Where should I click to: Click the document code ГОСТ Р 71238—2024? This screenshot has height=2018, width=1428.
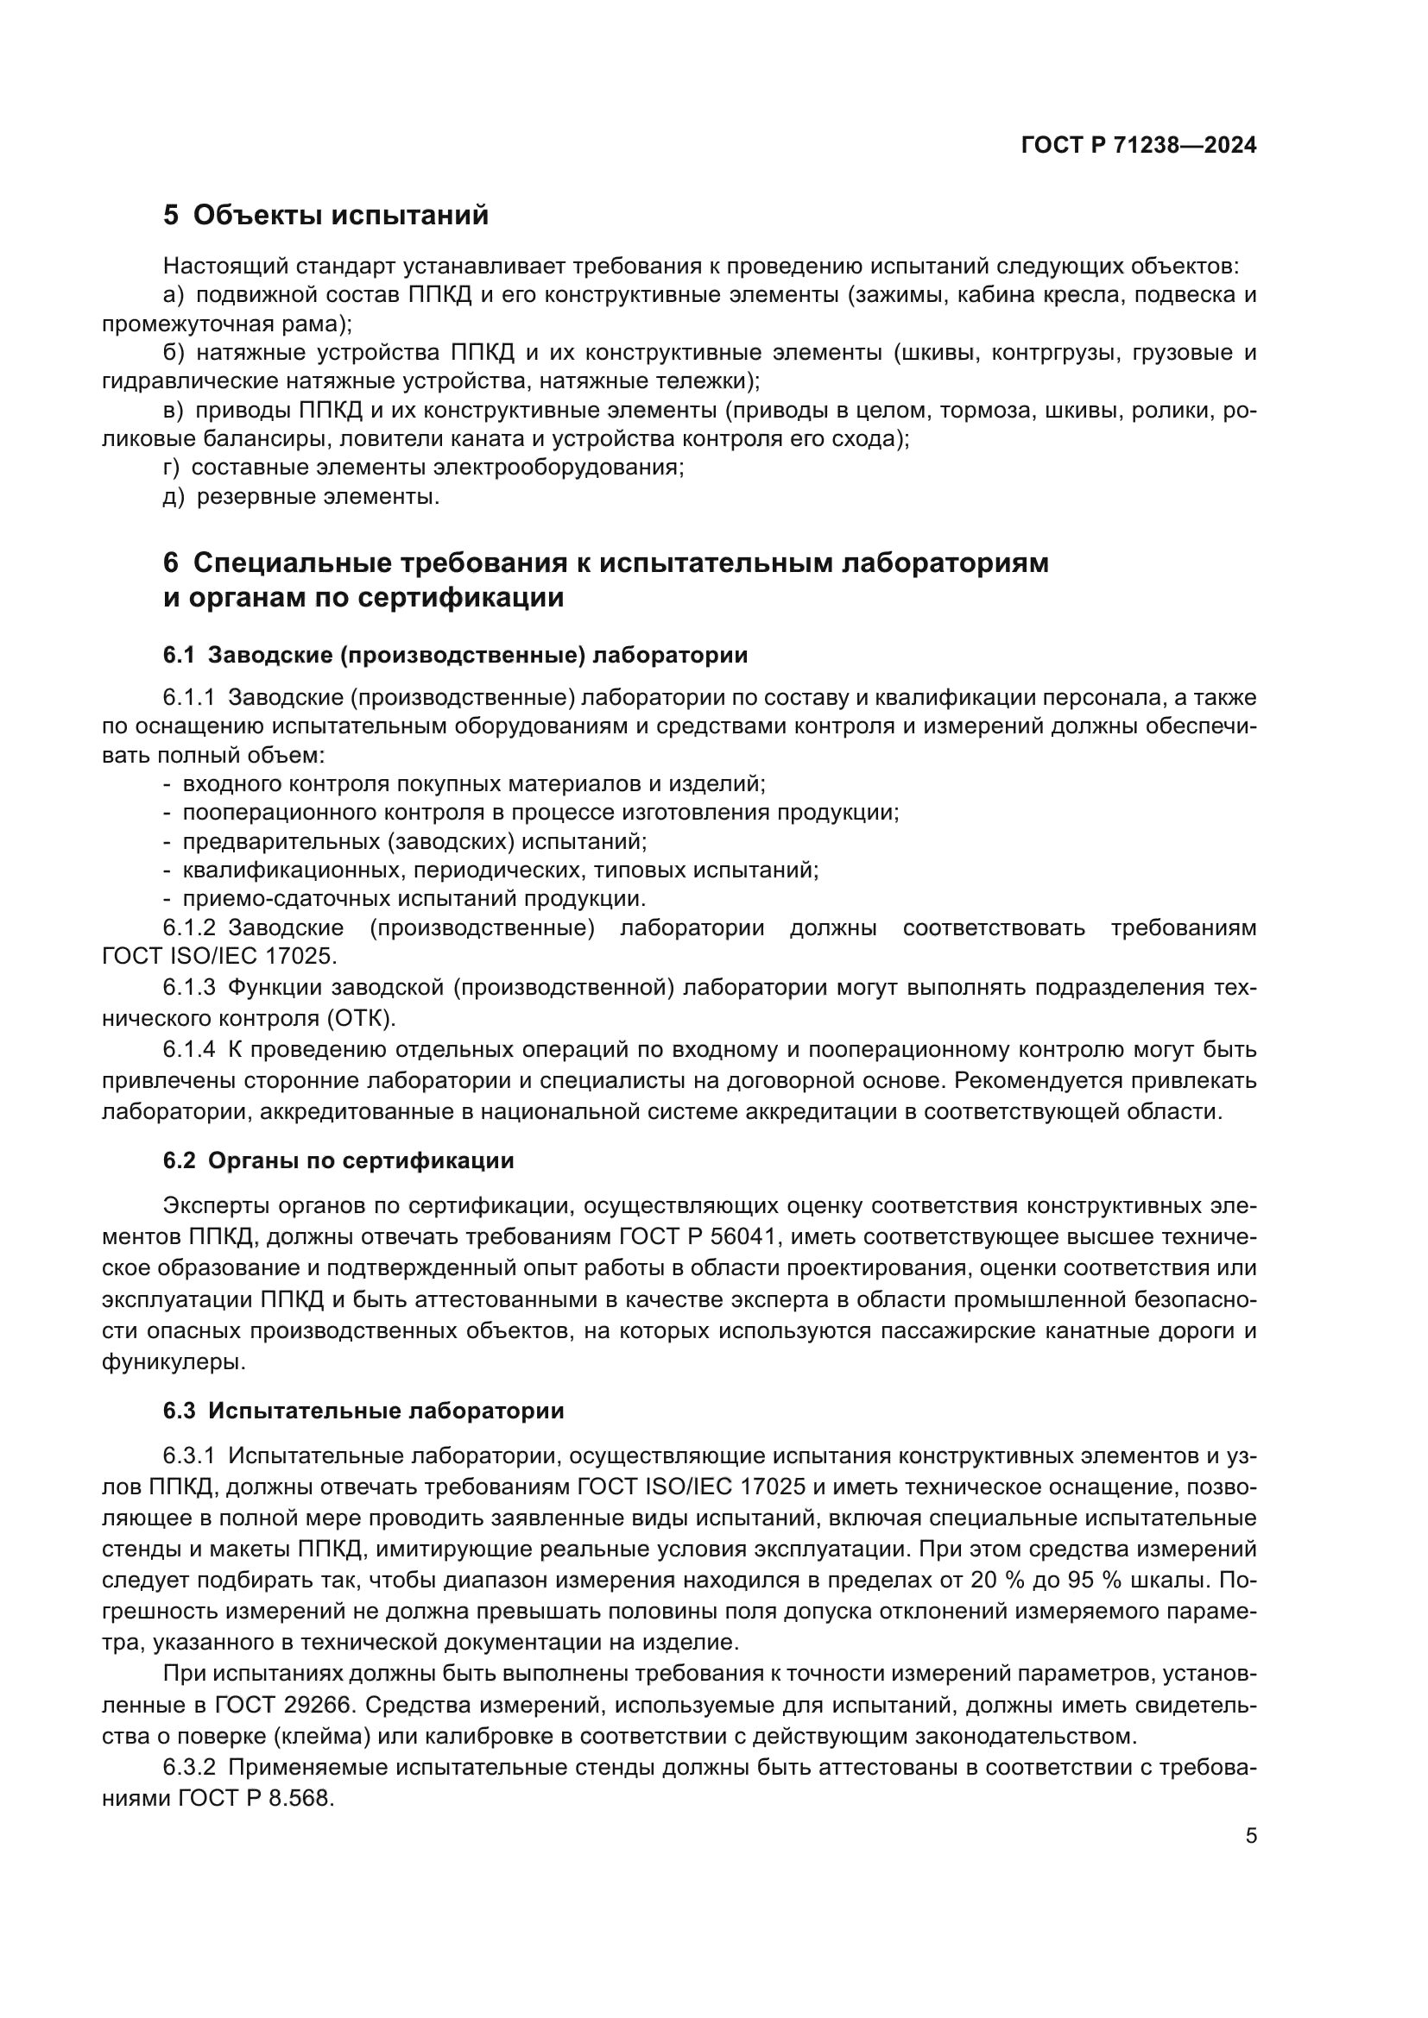1139,146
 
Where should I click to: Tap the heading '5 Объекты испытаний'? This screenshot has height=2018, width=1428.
325,216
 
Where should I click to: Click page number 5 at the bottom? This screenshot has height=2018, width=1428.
1251,1836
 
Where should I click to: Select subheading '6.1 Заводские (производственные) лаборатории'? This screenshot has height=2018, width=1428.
456,655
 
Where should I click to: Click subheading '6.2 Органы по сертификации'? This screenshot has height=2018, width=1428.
338,1161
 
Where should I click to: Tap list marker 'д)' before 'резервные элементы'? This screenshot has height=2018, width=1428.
174,498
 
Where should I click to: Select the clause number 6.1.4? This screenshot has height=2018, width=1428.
189,1050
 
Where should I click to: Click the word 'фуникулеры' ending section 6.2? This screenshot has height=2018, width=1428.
174,1363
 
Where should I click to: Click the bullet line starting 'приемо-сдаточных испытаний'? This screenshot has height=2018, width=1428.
414,899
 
